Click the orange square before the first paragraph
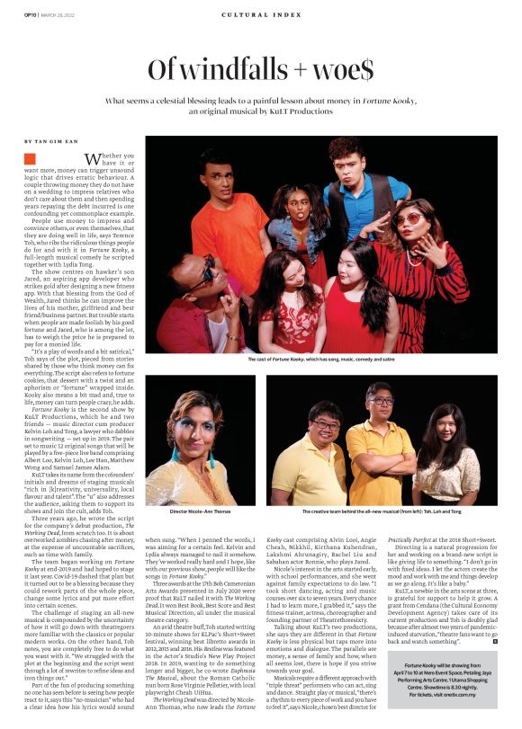coord(30,158)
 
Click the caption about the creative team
coord(381,511)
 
